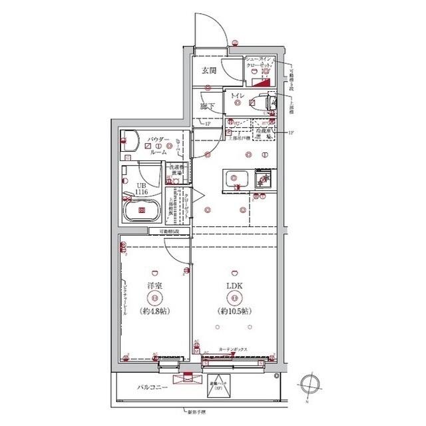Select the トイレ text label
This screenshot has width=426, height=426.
click(238, 98)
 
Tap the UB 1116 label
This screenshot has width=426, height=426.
click(142, 189)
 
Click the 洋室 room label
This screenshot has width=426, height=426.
click(154, 287)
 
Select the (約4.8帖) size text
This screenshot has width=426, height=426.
click(154, 311)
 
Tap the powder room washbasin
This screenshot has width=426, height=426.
click(128, 142)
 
